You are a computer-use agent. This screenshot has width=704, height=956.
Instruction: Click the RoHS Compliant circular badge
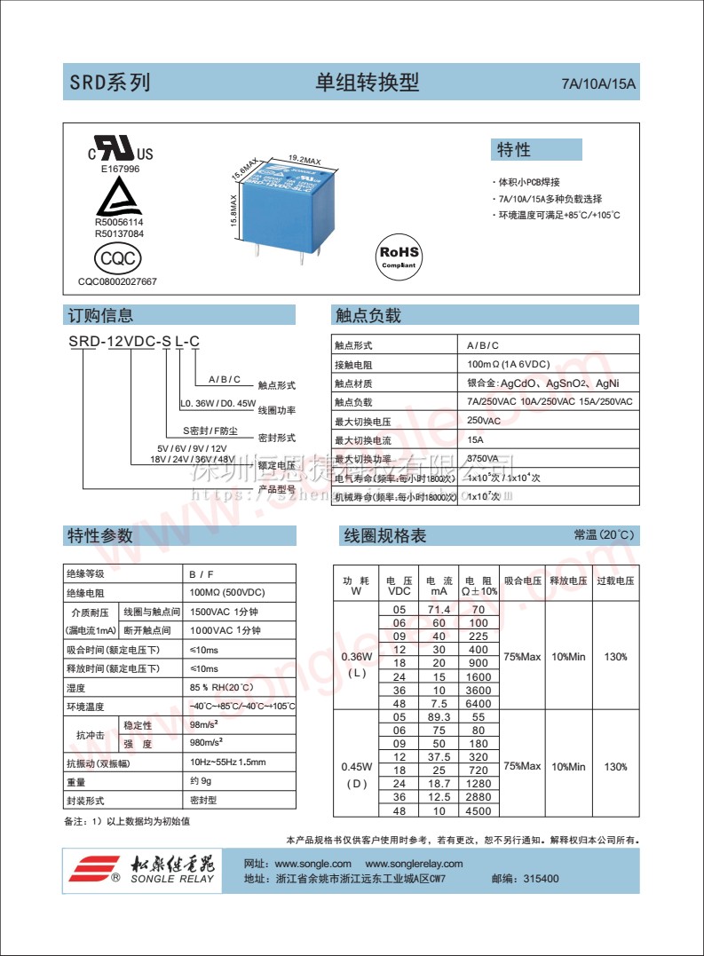tap(399, 256)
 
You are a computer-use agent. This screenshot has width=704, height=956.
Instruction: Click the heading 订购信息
tap(101, 315)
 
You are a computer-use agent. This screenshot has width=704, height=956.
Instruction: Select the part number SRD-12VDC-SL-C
tap(134, 343)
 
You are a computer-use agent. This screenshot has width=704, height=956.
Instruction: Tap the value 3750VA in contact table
tap(483, 458)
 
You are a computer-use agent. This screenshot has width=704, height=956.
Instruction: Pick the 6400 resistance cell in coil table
tap(478, 704)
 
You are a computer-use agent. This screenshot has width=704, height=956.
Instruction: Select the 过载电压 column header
tap(615, 581)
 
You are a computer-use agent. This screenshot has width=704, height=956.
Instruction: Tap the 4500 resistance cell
tap(478, 810)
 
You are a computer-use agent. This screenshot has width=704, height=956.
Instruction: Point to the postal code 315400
tap(542, 879)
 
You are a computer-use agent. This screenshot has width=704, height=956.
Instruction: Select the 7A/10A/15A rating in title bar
tap(599, 85)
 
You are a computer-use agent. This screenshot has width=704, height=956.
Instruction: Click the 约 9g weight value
tap(201, 781)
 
